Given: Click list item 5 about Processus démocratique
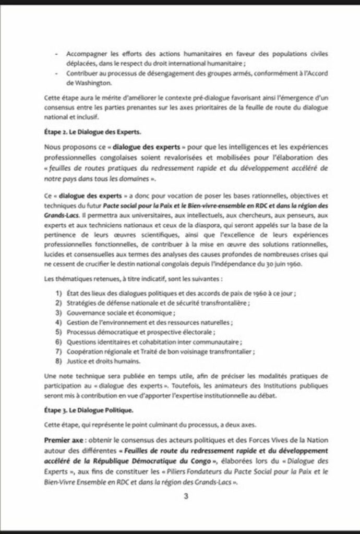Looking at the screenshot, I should click(x=140, y=332).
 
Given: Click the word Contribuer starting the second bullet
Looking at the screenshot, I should click(x=83, y=73).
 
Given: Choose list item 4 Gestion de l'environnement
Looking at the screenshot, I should click(x=149, y=322).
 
